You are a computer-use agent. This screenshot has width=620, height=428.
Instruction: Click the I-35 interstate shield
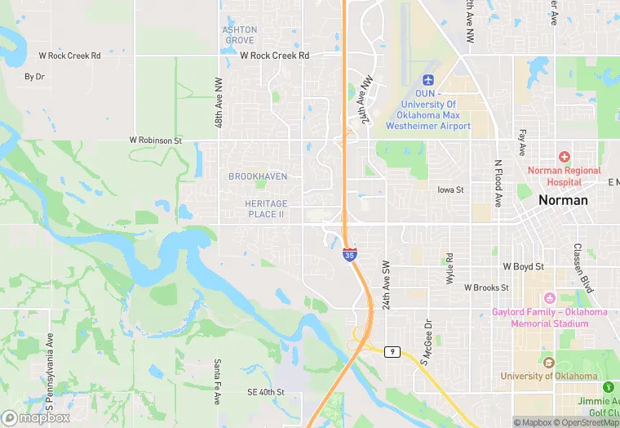tap(349, 256)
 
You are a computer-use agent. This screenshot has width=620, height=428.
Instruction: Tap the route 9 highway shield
tap(393, 351)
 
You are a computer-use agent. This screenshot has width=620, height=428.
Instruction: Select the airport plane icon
tap(428, 79)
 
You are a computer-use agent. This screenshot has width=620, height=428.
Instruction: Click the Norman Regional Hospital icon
tap(563, 156)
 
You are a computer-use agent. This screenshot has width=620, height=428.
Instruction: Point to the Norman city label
tap(563, 200)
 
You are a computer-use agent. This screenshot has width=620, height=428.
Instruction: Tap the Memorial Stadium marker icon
tap(549, 298)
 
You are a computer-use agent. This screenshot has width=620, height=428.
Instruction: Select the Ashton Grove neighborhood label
tap(240, 35)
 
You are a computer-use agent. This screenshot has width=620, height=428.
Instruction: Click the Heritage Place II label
tap(264, 208)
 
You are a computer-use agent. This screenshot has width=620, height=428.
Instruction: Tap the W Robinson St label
tap(155, 140)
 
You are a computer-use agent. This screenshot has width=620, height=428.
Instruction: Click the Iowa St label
tap(450, 189)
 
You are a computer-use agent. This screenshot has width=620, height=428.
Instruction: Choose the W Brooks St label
tap(486, 288)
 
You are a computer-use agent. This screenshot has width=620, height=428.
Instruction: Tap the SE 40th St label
tap(265, 392)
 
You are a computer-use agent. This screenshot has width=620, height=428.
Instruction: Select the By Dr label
tap(34, 77)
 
